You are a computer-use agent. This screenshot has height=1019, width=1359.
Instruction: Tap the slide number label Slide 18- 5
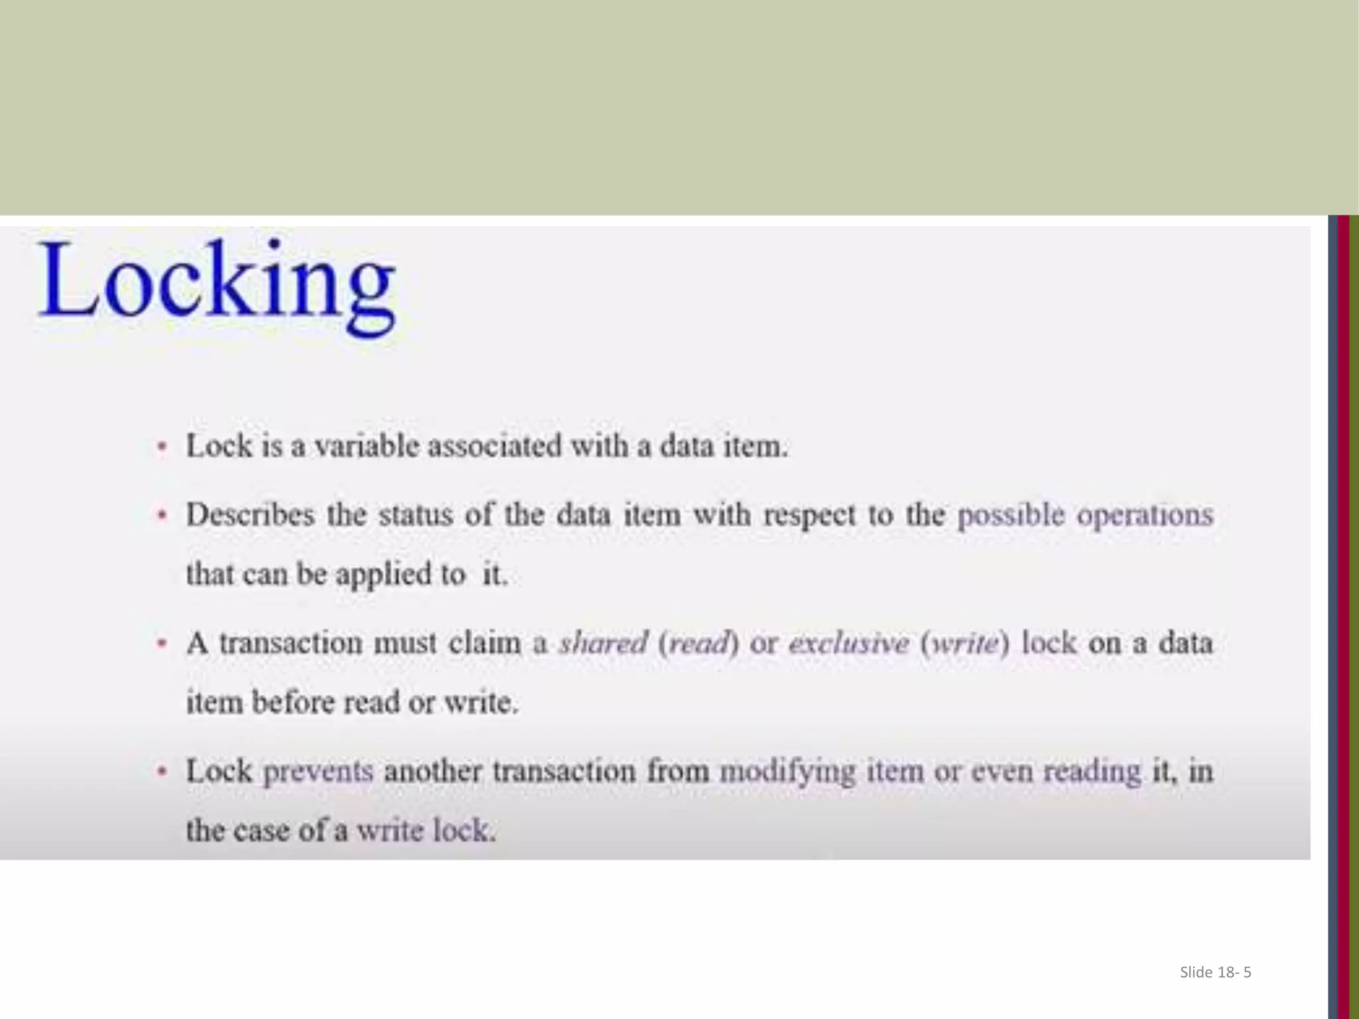pyautogui.click(x=1215, y=972)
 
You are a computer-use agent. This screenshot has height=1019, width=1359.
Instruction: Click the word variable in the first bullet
pyautogui.click(x=367, y=446)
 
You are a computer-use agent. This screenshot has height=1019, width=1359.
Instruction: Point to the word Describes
pyautogui.click(x=250, y=515)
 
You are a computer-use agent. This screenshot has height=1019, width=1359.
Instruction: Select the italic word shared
pyautogui.click(x=603, y=644)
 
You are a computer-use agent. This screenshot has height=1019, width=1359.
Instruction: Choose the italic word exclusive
pyautogui.click(x=848, y=644)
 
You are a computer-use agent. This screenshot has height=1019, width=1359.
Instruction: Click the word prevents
pyautogui.click(x=319, y=772)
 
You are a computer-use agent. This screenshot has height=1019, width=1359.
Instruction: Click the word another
pyautogui.click(x=433, y=772)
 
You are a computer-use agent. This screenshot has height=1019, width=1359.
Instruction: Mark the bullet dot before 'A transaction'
pyautogui.click(x=161, y=643)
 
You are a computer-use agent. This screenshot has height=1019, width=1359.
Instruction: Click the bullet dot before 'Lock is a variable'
pyautogui.click(x=161, y=446)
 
